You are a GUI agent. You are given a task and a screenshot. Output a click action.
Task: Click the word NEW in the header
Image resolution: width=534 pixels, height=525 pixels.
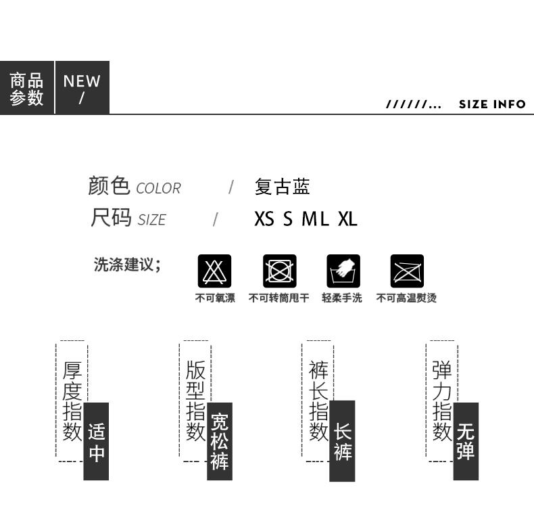coord(82,81)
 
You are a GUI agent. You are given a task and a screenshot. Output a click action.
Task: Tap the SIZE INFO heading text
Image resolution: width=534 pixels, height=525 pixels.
coord(492,104)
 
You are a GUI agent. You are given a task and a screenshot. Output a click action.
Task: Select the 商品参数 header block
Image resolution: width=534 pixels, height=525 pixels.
coord(27,88)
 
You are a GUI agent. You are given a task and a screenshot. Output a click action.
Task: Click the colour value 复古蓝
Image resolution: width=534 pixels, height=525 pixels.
coord(283,187)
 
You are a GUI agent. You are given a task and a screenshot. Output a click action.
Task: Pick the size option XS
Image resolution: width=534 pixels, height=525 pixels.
coord(264,219)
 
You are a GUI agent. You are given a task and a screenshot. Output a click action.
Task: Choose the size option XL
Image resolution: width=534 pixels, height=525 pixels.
coord(347,219)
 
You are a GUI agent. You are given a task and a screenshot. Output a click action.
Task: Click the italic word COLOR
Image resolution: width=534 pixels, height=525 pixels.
coord(158,188)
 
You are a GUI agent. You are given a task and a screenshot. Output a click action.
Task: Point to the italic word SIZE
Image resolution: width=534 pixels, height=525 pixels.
coord(152,220)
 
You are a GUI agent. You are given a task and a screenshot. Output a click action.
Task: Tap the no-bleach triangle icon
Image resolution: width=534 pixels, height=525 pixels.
coord(214,271)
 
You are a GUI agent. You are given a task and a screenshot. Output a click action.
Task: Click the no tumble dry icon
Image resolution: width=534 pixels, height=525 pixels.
coord(280,271)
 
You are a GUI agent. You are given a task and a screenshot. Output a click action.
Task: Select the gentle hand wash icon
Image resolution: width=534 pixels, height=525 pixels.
coord(343,271)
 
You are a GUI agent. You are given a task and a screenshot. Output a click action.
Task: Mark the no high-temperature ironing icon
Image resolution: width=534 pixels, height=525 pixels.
coord(407,271)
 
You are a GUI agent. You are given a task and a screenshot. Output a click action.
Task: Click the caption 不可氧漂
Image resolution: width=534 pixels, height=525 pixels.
coord(215,298)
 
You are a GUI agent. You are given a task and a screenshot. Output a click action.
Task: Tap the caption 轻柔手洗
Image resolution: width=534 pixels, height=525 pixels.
coord(342,298)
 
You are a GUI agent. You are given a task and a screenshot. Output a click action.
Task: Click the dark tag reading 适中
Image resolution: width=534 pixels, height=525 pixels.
coord(96,442)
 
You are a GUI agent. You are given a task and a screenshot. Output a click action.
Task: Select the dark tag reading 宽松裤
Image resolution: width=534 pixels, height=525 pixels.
coord(220,442)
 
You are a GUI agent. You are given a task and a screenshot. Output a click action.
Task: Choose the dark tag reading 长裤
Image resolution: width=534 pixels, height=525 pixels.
coord(342,441)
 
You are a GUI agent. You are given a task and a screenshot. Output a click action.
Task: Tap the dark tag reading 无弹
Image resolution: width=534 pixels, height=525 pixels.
coord(466,442)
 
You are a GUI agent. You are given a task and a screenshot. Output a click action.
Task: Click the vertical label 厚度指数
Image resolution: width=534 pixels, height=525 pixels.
coord(72,401)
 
